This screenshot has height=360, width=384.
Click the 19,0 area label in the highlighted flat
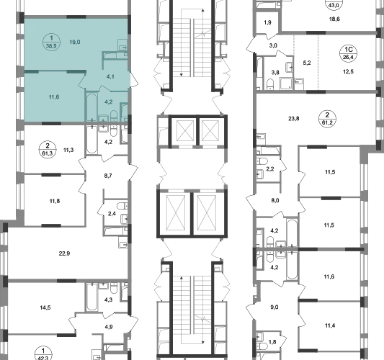(75, 42)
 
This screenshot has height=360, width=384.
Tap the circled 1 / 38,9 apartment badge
(51, 42)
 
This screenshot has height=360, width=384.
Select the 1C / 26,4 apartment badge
(348, 53)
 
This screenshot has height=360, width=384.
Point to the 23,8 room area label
(294, 119)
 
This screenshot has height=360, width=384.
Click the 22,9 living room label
(64, 253)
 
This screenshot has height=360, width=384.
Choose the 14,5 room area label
(45, 307)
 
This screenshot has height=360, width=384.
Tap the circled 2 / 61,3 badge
(48, 150)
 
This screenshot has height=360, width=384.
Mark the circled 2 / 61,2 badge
(327, 119)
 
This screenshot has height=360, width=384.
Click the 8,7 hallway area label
(108, 176)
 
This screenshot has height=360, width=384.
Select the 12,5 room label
(348, 72)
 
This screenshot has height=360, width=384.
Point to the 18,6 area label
(334, 19)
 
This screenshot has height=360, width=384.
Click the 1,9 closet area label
(267, 22)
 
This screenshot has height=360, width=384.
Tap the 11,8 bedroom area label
(55, 201)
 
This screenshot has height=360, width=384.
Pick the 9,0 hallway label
(274, 307)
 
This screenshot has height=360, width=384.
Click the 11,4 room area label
(330, 325)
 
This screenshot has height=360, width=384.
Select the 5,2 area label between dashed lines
(307, 63)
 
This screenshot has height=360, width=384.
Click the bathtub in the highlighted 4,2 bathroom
(92, 107)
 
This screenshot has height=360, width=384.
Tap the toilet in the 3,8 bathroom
(270, 84)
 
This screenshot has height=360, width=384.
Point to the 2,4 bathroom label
(112, 214)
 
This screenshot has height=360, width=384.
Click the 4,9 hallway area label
(109, 327)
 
